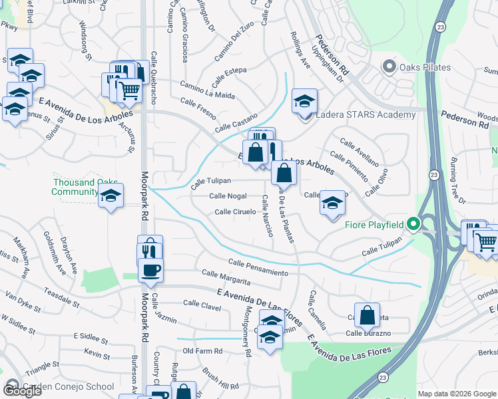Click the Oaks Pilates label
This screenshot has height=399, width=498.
425,67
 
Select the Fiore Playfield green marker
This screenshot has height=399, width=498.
413,224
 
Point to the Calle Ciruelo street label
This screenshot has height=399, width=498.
235,212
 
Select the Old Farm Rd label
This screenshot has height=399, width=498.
202,350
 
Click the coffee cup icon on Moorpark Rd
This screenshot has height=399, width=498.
150,271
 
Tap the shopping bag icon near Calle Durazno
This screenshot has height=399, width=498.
367,315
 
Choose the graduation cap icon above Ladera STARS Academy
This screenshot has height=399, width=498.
304,101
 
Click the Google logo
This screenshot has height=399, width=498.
22,391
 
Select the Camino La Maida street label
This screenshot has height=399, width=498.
208,90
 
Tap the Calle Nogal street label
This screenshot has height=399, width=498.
228,196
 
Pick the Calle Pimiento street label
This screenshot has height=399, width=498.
348,167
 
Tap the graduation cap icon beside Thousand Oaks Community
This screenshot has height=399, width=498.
111,196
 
